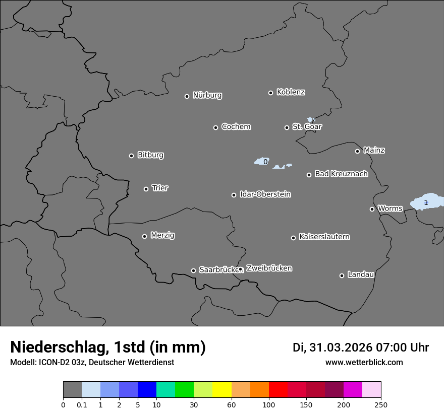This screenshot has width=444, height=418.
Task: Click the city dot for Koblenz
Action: [x=270, y=93]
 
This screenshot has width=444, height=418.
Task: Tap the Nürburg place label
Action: [x=207, y=95]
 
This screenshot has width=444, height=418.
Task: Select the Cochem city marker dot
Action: [x=215, y=127]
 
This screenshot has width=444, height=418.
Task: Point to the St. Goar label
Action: [x=307, y=127]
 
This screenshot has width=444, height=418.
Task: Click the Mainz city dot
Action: [x=357, y=151]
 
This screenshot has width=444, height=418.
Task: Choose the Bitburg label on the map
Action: [x=150, y=155]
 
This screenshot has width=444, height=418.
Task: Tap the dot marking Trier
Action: [x=146, y=189]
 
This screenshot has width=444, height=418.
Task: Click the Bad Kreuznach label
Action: [x=341, y=174]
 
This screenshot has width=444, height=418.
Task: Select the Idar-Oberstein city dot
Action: [x=234, y=195]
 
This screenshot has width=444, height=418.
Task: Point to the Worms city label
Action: [x=390, y=208]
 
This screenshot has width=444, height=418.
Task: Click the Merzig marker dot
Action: [x=144, y=236]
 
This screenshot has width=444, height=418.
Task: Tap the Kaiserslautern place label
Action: [x=324, y=237]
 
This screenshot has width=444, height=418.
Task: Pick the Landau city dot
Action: [x=342, y=275]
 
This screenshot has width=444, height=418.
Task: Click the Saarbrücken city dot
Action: [x=193, y=270]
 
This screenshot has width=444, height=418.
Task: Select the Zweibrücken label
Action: [x=269, y=268]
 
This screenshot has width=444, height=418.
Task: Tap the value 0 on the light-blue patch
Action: [x=265, y=162]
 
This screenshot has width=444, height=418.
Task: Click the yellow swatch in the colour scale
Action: [x=222, y=390]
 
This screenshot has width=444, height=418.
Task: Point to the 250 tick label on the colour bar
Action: [x=381, y=405]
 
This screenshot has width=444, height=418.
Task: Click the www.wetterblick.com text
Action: [x=364, y=363]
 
